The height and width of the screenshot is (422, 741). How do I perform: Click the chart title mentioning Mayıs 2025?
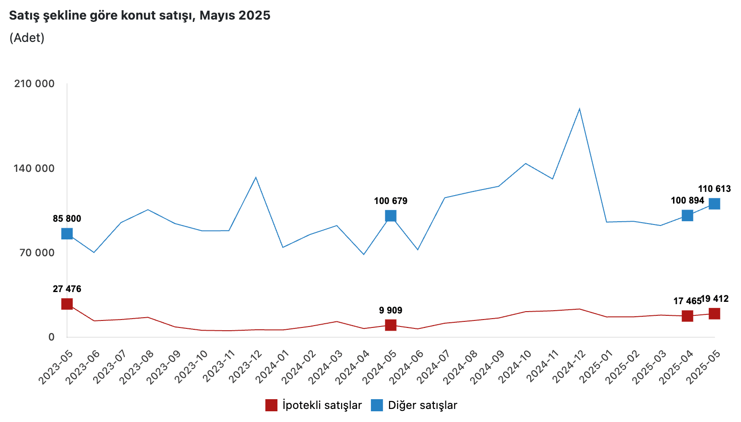[x=140, y=15]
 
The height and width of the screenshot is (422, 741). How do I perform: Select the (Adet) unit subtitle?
[x=27, y=38]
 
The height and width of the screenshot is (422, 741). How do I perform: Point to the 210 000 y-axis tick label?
[x=34, y=84]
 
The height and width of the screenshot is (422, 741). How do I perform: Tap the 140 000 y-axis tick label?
[x=34, y=168]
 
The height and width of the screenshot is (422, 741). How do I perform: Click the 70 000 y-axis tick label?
[x=37, y=253]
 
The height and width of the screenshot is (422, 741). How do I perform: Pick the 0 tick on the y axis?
[x=51, y=337]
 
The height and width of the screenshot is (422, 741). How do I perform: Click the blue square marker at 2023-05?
[x=67, y=233]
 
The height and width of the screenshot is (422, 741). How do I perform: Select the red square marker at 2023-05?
[x=67, y=304]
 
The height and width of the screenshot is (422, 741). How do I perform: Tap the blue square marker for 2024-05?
[x=391, y=216]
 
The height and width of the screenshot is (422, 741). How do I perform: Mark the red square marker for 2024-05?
[x=391, y=325]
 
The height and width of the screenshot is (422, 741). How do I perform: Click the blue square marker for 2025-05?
[x=714, y=204]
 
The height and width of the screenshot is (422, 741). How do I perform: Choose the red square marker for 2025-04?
[x=687, y=316]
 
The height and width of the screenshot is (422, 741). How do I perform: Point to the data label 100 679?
[x=391, y=201]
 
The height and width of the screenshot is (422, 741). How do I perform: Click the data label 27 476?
[x=67, y=289]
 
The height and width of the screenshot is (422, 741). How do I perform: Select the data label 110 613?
[x=714, y=189]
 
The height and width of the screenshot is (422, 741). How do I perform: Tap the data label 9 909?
[x=391, y=311]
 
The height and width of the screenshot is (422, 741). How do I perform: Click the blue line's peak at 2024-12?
[x=579, y=109]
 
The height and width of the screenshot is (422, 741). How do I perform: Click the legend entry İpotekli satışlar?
[x=313, y=405]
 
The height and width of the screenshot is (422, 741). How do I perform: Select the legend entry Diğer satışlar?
[x=414, y=405]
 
